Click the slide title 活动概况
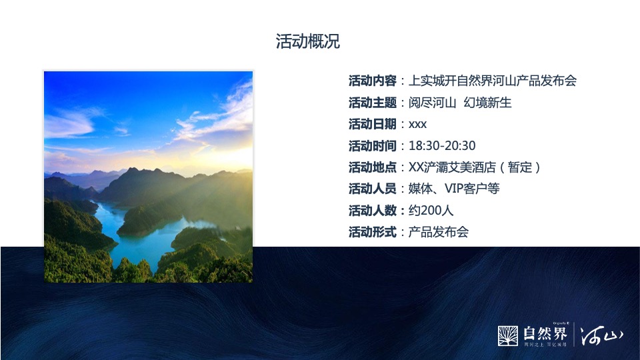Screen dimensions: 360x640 coord(308,41)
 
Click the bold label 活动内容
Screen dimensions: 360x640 coord(373,81)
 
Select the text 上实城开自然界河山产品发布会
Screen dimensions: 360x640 coord(493,81)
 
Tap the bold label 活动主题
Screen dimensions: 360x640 coord(373,103)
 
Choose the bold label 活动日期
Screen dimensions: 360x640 coord(373,124)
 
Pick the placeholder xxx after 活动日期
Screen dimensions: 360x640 coord(418,124)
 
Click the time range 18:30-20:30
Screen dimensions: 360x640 coord(442,145)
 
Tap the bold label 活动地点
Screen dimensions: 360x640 coord(373,167)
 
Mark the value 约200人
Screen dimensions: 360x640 coord(431,211)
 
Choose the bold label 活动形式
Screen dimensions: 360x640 coord(373,232)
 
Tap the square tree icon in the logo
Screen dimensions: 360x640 coord(508,336)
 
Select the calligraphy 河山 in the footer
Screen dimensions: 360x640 coord(602,335)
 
